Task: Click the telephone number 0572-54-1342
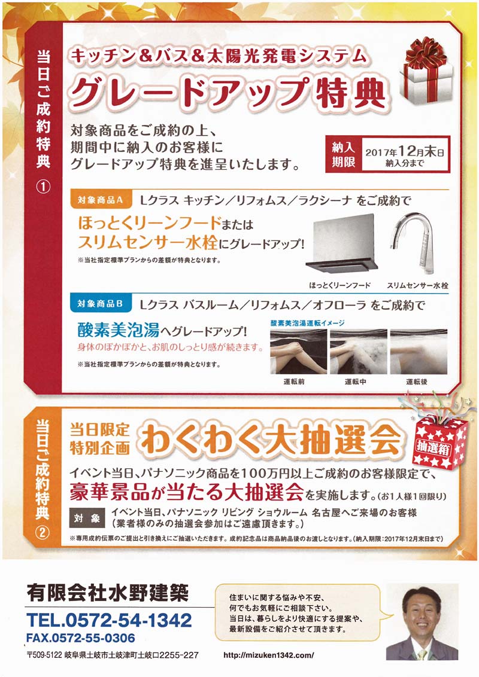coord(110,620)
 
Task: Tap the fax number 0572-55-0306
coord(80,638)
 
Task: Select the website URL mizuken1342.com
coord(268,655)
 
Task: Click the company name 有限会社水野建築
coord(108,593)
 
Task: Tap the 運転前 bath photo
coord(298,352)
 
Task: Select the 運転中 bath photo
coord(359,352)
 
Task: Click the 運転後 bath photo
coord(419,352)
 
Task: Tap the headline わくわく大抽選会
coord(271,440)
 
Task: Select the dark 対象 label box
coord(87,518)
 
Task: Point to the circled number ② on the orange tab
coord(42,532)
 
